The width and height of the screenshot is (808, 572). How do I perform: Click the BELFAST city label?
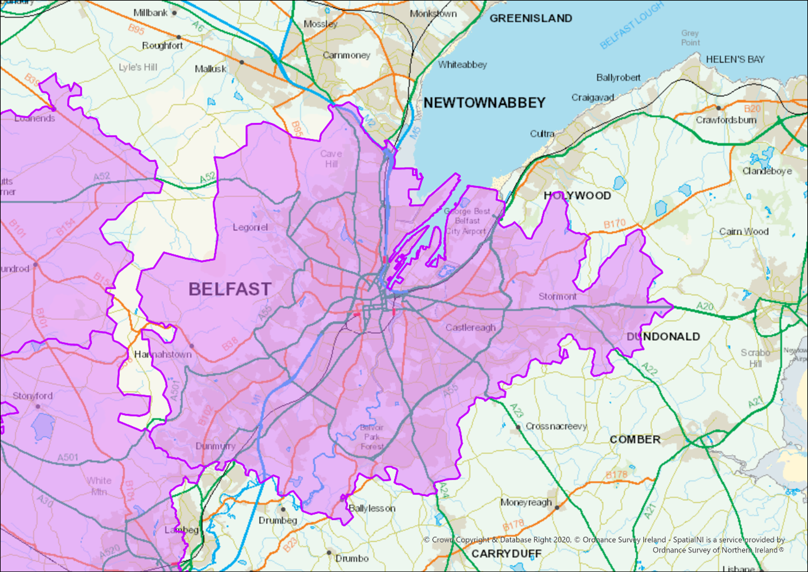[229, 289]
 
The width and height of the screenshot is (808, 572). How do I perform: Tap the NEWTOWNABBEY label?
[484, 103]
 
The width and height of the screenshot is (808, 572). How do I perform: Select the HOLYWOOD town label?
[577, 195]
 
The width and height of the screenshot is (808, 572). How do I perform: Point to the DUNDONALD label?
[663, 336]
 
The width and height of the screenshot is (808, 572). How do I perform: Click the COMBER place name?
[635, 439]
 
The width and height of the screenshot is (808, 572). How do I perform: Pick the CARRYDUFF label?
[507, 553]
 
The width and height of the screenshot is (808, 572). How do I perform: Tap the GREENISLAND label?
[531, 19]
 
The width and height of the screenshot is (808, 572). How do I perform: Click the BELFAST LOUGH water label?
[631, 25]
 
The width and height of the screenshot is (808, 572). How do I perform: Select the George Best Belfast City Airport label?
[467, 221]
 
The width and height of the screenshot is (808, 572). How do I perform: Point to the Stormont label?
[557, 296]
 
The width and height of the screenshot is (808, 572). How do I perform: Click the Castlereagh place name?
[470, 327]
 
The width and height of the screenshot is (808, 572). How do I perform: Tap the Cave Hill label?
[330, 158]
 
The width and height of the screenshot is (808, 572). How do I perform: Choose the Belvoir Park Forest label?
[372, 437]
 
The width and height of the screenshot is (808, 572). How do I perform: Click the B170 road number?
[615, 224]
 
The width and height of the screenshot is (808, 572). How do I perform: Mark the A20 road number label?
[705, 306]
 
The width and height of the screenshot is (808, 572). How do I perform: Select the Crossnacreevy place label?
[556, 426]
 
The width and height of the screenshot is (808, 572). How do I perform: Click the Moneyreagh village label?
[526, 502]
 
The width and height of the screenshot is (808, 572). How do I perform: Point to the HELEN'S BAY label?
[735, 59]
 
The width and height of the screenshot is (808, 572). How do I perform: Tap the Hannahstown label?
[162, 354]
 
